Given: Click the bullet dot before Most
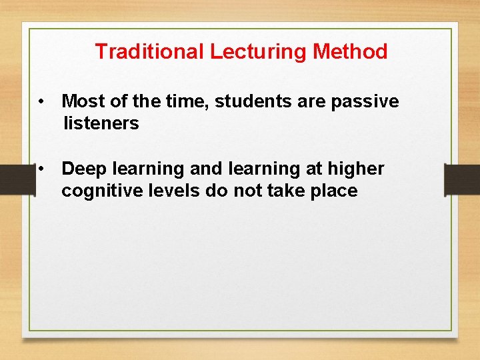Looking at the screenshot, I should pos(41,101).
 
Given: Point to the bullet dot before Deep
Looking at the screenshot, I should pos(41,169).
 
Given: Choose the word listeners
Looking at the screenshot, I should pos(101,123).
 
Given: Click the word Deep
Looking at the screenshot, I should pos(85,169).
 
